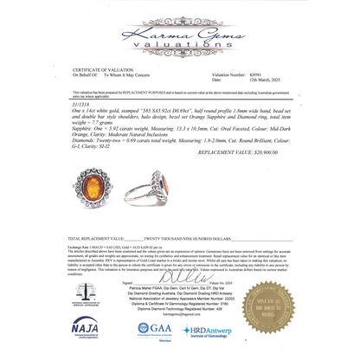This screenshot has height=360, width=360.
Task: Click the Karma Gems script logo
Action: click(180, 34)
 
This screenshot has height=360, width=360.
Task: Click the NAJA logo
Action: click(85, 329)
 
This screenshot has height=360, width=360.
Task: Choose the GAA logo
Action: click(155, 330)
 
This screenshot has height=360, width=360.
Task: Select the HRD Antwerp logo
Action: click(207, 331)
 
